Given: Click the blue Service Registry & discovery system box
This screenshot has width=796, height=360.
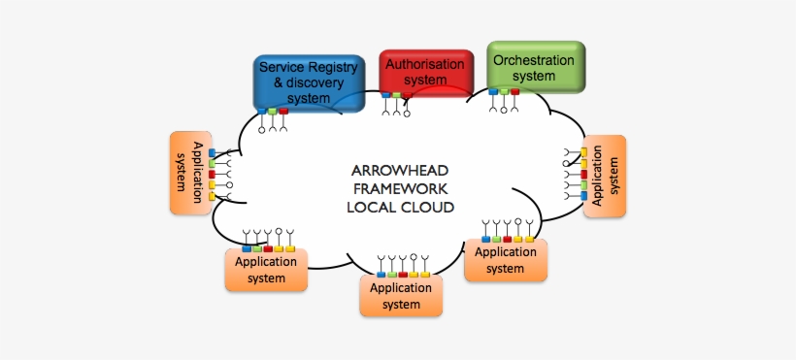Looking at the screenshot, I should [309, 82].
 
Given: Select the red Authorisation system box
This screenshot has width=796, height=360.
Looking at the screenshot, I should [425, 73].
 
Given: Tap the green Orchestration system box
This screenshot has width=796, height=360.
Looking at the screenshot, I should [535, 66].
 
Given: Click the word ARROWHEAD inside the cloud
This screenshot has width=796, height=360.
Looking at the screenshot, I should [400, 171].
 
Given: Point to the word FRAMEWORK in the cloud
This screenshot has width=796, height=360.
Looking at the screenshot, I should [400, 189].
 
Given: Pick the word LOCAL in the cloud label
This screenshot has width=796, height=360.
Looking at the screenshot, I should [372, 208].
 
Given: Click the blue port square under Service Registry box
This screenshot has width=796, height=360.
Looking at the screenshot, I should [261, 112].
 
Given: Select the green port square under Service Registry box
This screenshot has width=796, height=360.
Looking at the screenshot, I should [273, 112].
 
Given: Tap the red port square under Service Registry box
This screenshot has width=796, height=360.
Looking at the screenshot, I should [283, 112].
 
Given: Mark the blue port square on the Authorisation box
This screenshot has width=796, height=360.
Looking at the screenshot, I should [385, 96].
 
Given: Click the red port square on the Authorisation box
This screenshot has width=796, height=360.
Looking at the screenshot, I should [407, 96].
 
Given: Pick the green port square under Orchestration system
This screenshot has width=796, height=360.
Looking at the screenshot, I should [504, 92].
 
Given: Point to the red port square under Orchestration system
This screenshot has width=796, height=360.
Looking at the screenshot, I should [514, 92].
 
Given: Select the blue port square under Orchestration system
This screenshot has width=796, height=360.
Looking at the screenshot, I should [493, 92].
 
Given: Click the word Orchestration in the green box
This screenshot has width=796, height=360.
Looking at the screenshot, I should [534, 59].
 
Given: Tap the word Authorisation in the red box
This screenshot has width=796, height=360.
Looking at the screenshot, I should [425, 64].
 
